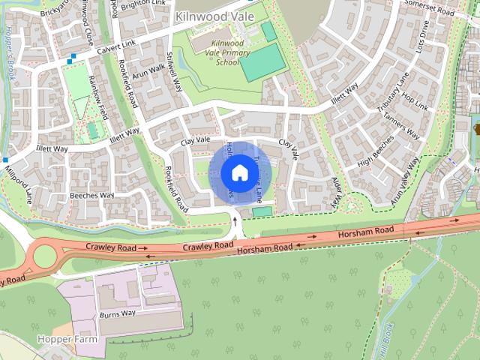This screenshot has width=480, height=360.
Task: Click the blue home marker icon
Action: pos(239,172)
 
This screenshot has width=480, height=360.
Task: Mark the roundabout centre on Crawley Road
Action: pos(43,256)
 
